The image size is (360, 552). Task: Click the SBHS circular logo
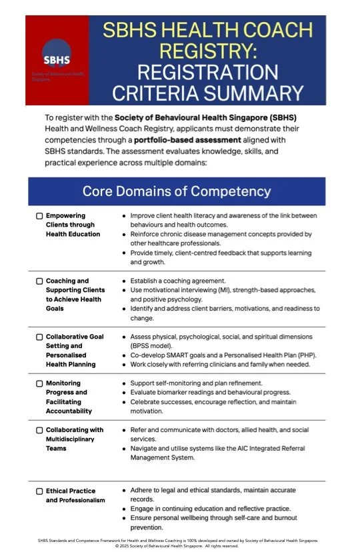[x=56, y=53]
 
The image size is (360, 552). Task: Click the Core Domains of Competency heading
[x=177, y=191]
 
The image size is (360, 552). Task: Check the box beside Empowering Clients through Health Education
[x=39, y=216]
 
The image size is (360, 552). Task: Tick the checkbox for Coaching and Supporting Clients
[x=39, y=281]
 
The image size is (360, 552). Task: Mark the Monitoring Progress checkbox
[x=39, y=383]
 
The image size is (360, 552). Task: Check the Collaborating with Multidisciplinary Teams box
[x=39, y=430]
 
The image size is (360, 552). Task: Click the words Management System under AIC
[x=165, y=458]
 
